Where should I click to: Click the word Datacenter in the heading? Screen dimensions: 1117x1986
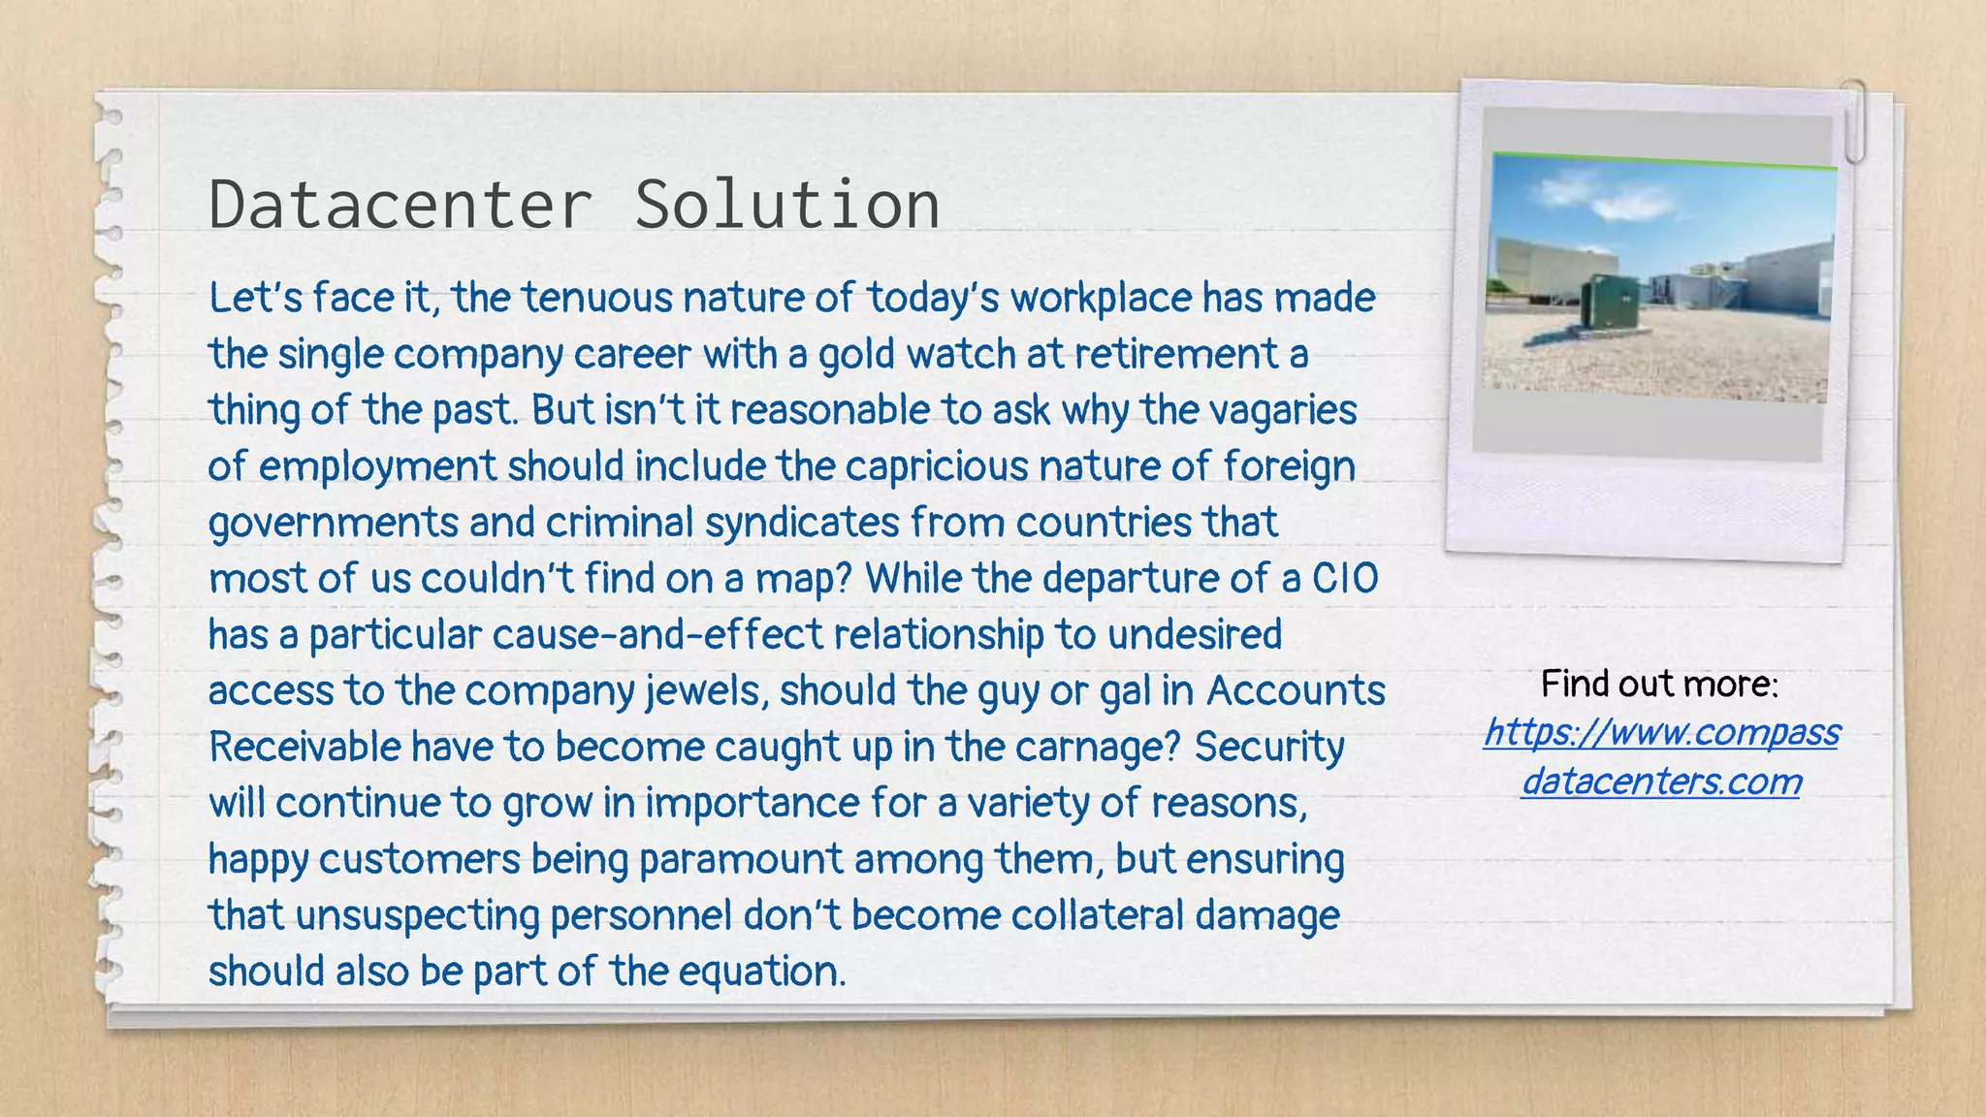click(400, 205)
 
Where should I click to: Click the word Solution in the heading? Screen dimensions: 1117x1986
click(786, 205)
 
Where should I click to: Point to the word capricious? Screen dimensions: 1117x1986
click(936, 466)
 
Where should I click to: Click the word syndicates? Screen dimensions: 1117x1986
click(802, 523)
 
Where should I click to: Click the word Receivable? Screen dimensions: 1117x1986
click(304, 748)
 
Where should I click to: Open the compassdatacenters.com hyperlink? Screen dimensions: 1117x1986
click(1661, 756)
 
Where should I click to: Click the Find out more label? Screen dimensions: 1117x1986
click(1659, 685)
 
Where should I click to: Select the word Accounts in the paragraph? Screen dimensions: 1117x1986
click(1296, 691)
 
